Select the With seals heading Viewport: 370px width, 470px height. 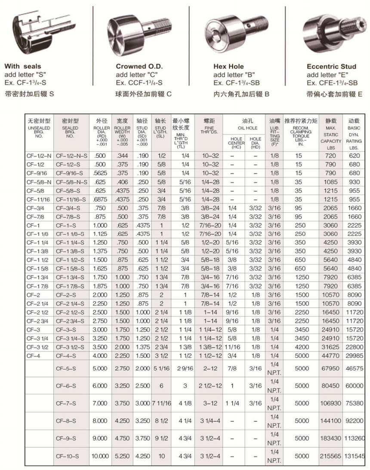tap(23, 67)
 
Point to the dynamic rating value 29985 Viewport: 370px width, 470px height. tap(355, 356)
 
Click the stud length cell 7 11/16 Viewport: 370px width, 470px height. tap(161, 403)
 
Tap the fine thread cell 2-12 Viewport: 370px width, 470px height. tap(208, 368)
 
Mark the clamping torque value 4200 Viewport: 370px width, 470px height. tap(302, 348)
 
